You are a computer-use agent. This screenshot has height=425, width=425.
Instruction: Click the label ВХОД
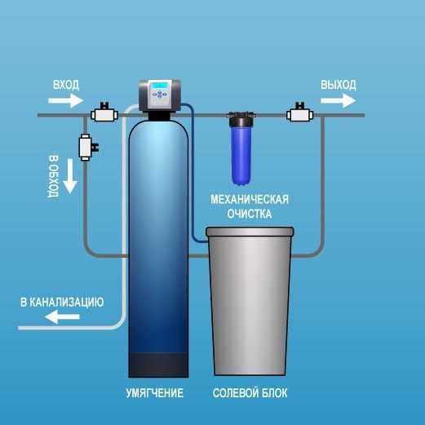click(x=67, y=85)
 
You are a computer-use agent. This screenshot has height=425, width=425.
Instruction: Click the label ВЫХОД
click(x=338, y=85)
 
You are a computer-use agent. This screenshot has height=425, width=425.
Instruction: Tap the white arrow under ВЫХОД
click(x=338, y=100)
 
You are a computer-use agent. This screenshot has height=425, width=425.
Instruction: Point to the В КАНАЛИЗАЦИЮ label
click(x=62, y=302)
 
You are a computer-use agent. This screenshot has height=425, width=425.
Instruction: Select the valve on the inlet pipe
click(x=104, y=114)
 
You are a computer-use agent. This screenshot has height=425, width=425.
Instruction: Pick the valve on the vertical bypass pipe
click(x=86, y=148)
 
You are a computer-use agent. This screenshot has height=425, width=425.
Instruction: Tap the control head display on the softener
click(x=158, y=89)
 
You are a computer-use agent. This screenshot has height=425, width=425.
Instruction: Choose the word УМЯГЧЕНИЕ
click(x=156, y=394)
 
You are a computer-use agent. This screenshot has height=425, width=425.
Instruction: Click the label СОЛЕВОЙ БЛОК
click(x=250, y=394)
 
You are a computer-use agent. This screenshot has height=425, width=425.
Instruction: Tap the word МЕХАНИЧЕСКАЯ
click(x=250, y=199)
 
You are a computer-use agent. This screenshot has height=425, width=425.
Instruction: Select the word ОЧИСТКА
click(x=250, y=214)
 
